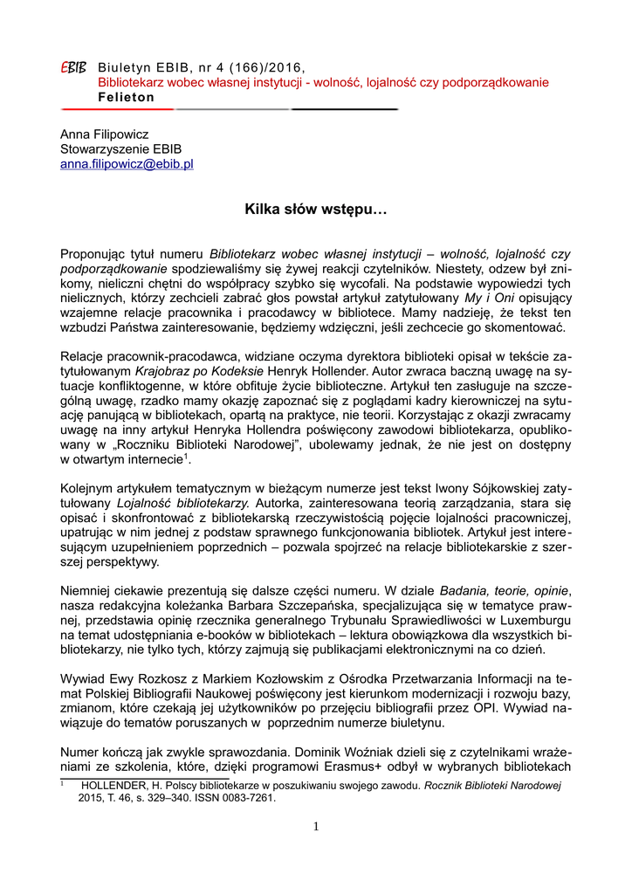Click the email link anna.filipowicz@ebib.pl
click(x=127, y=163)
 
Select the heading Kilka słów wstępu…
click(x=315, y=210)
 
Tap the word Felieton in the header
click(x=126, y=97)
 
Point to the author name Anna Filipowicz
click(x=104, y=134)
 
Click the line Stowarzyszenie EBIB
click(x=120, y=149)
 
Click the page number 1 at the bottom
click(x=316, y=827)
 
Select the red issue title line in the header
click(x=323, y=83)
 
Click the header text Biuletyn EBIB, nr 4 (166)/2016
click(x=202, y=68)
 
